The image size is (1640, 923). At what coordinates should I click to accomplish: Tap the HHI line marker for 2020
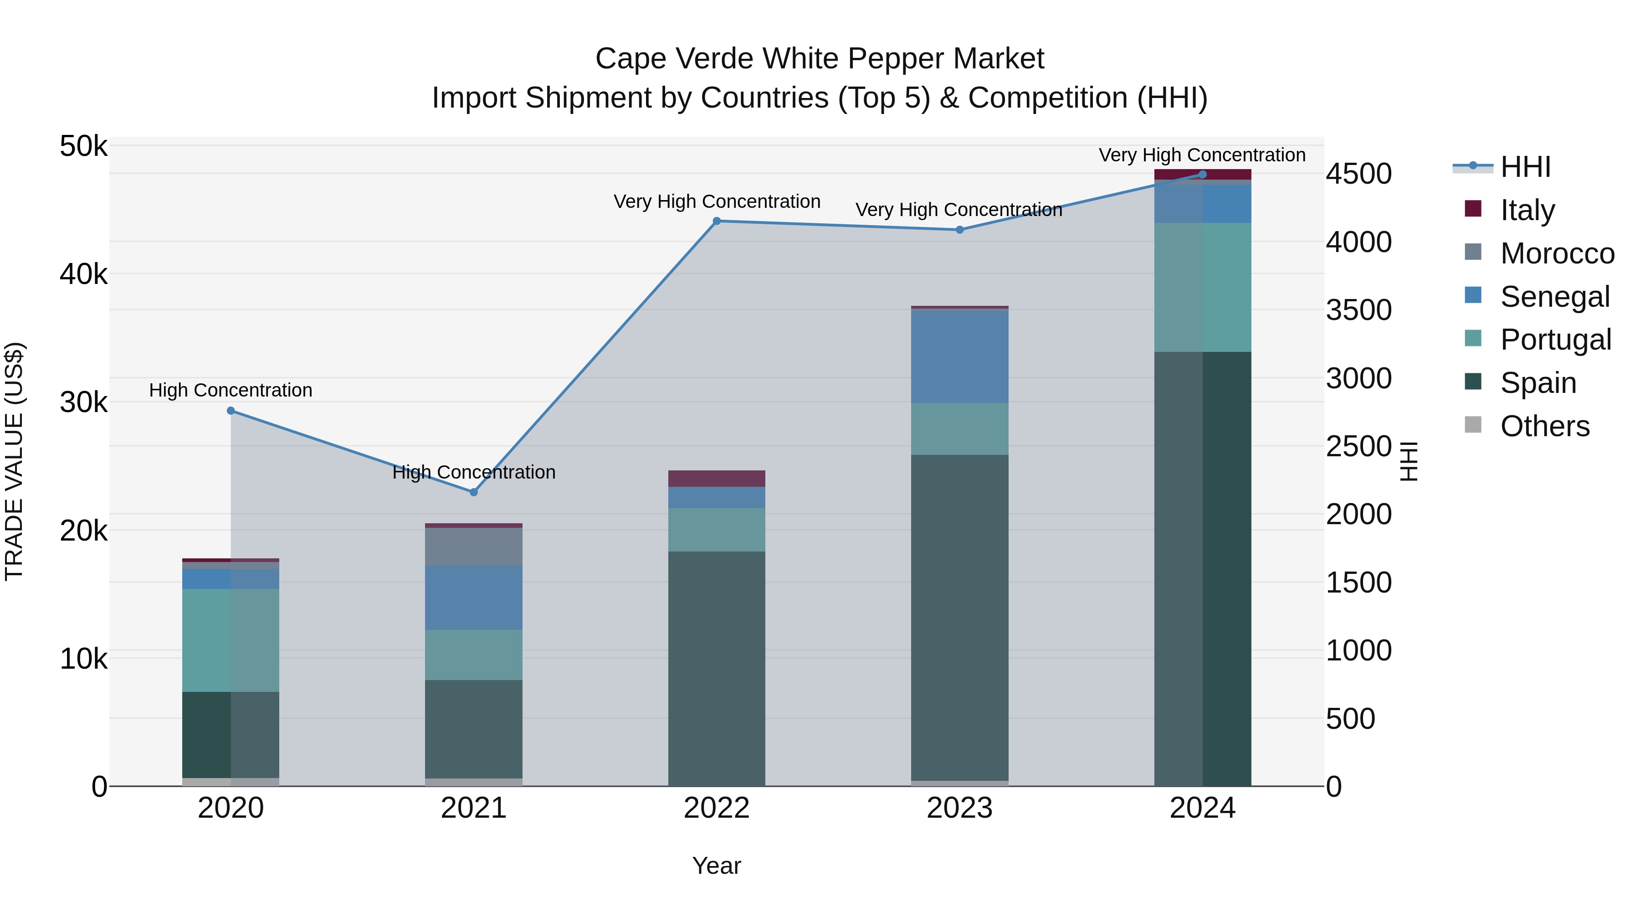(231, 411)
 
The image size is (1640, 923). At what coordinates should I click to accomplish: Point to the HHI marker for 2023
(959, 230)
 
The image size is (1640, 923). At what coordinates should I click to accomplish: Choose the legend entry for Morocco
(1556, 253)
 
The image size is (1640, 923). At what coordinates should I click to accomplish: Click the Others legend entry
(1544, 426)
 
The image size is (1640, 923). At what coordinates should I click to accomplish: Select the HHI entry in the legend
(1525, 167)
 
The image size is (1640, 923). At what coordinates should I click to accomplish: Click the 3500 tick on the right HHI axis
(1358, 310)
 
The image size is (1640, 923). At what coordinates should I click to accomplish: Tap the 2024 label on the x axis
(1202, 808)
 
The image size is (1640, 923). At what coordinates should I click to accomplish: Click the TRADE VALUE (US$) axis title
(14, 461)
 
